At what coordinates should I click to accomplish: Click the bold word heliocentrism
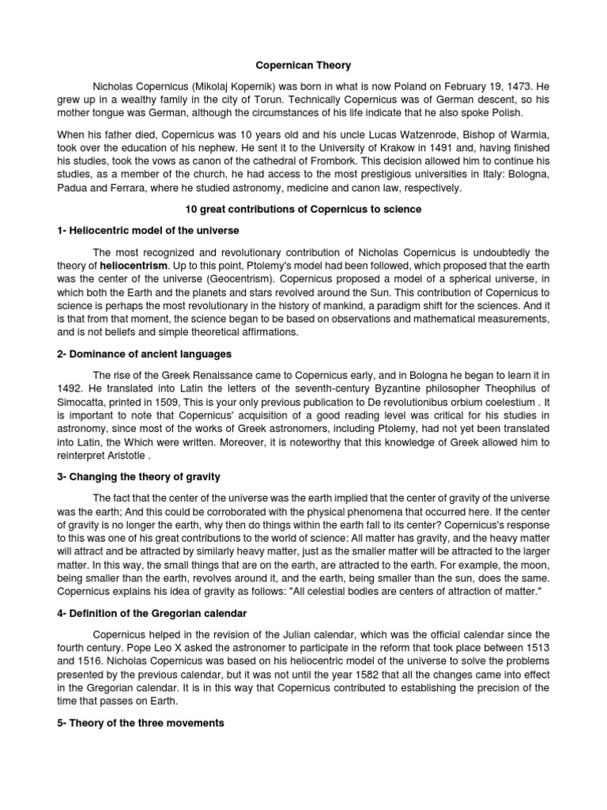pyautogui.click(x=132, y=266)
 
